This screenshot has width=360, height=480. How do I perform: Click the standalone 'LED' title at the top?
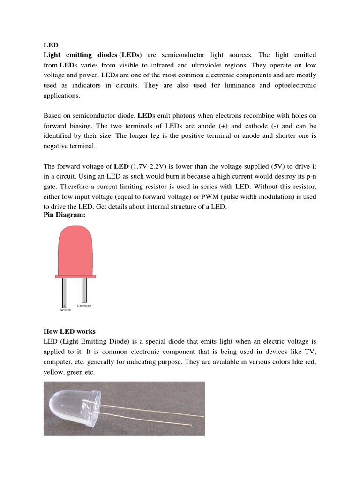(x=51, y=45)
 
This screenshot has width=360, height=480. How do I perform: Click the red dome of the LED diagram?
(x=75, y=251)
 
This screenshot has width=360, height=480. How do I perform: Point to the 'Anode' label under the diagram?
(x=65, y=310)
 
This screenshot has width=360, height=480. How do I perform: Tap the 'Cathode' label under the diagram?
(x=84, y=306)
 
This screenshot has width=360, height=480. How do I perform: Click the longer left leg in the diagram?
(x=65, y=291)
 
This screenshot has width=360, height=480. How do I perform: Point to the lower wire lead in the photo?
(x=155, y=420)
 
